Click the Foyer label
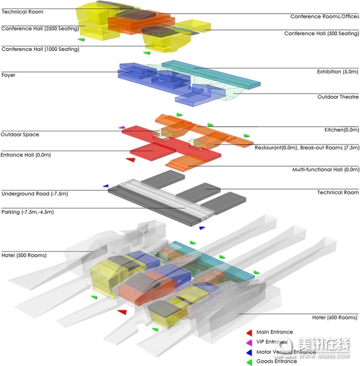coord(8,75)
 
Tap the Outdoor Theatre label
coord(338,97)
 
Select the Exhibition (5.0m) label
coord(337,71)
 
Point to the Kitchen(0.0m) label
coord(341,130)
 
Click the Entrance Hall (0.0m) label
coord(25,155)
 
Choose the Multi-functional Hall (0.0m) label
coord(326,169)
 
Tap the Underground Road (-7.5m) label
coord(35,194)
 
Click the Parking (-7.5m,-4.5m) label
coord(28,212)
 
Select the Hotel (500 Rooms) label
coord(24,256)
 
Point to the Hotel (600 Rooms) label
coord(335,317)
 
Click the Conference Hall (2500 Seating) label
coord(40,29)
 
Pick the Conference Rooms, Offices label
coord(325,17)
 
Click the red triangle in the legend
coord(250,332)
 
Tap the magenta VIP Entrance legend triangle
coord(250,343)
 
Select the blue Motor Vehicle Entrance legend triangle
coord(250,352)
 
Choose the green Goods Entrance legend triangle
coord(250,362)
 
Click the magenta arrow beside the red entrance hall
coord(122,127)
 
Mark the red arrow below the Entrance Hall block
coord(131,160)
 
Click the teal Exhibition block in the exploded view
coord(211,74)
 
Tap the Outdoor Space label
coord(20,134)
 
